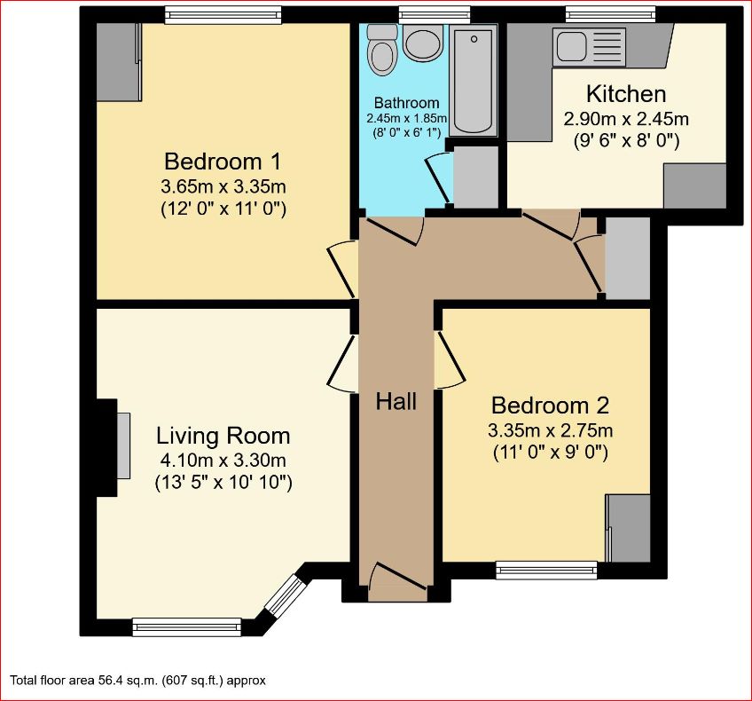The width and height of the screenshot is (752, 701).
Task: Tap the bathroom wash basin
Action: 422,43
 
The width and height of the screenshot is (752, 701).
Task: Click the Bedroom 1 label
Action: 223,161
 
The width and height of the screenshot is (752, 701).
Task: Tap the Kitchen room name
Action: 626,94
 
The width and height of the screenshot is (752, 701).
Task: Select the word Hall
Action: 396,401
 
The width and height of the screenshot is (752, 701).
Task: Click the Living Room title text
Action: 223,436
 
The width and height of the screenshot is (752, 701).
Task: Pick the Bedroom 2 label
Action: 550,406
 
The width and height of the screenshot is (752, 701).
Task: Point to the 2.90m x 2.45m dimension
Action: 626,118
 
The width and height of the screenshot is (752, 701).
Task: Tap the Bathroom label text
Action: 406,103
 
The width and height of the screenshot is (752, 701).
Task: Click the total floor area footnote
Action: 137,681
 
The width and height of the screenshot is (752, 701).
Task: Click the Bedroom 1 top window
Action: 223,14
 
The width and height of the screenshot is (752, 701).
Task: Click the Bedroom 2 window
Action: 546,571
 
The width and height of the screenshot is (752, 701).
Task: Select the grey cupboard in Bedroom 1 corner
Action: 118,61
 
